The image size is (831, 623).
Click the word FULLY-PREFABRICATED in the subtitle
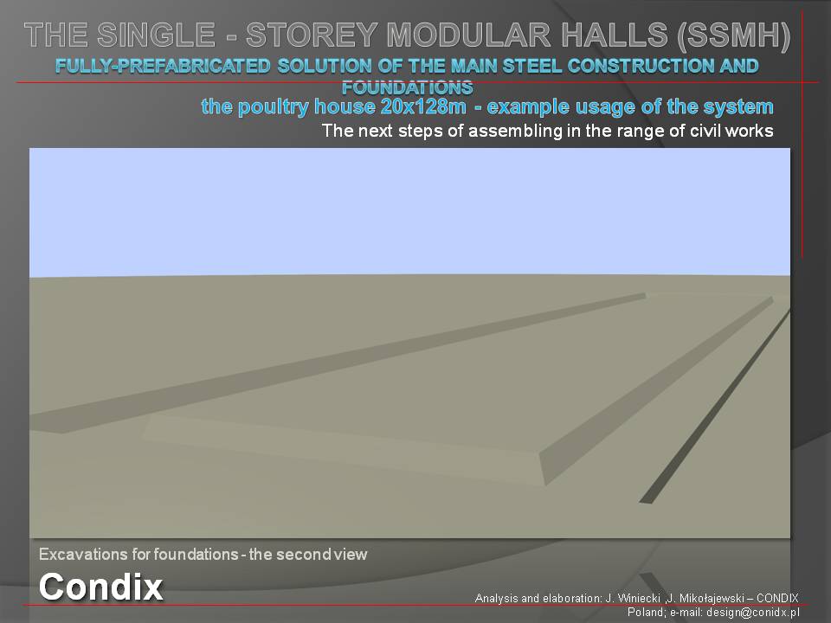[x=163, y=67]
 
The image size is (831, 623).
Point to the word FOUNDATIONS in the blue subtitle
[x=407, y=87]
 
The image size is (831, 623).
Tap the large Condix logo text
[x=100, y=587]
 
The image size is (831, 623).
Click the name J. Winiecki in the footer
[x=632, y=598]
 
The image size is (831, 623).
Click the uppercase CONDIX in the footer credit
[x=777, y=598]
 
